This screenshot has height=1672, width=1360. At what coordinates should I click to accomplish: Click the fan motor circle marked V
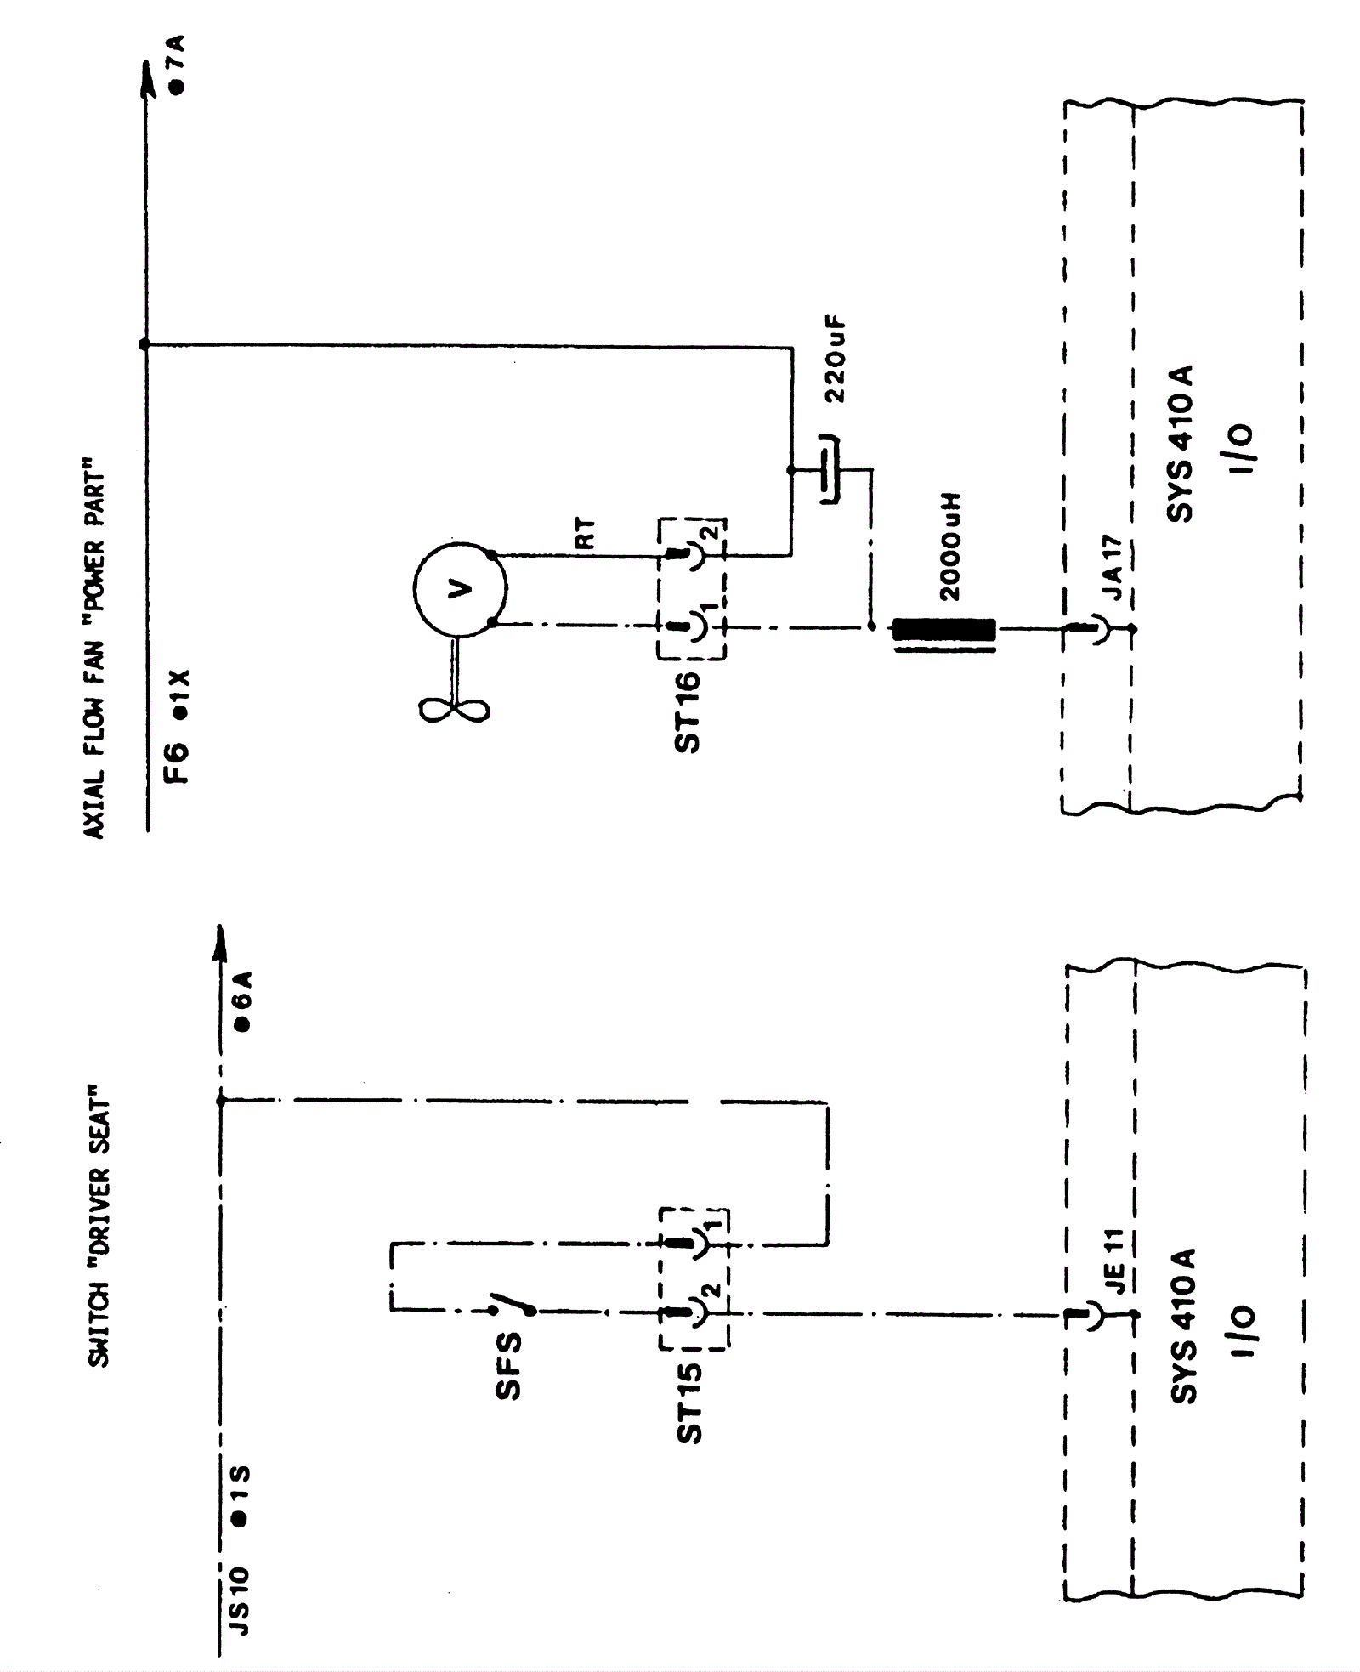[x=460, y=588]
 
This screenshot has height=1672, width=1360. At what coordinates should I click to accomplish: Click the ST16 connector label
[x=687, y=712]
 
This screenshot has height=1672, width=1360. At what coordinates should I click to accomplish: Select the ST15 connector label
[x=689, y=1403]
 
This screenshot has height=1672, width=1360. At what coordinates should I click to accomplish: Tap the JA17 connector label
[x=1115, y=567]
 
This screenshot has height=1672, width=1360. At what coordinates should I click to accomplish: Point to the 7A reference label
[x=177, y=64]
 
